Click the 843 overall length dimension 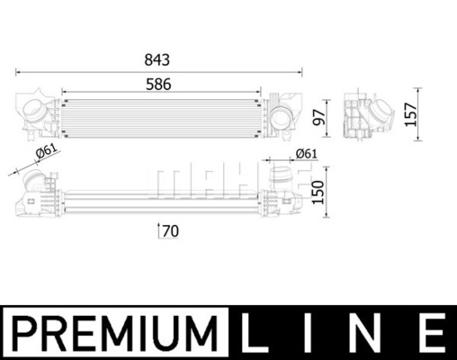point(157,60)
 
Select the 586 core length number point(158,85)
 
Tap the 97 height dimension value point(318,117)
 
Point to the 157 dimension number point(411,114)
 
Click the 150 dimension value point(318,193)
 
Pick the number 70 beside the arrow point(171,231)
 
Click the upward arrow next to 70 point(158,230)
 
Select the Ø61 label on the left point(46,151)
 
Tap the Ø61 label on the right point(306,154)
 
